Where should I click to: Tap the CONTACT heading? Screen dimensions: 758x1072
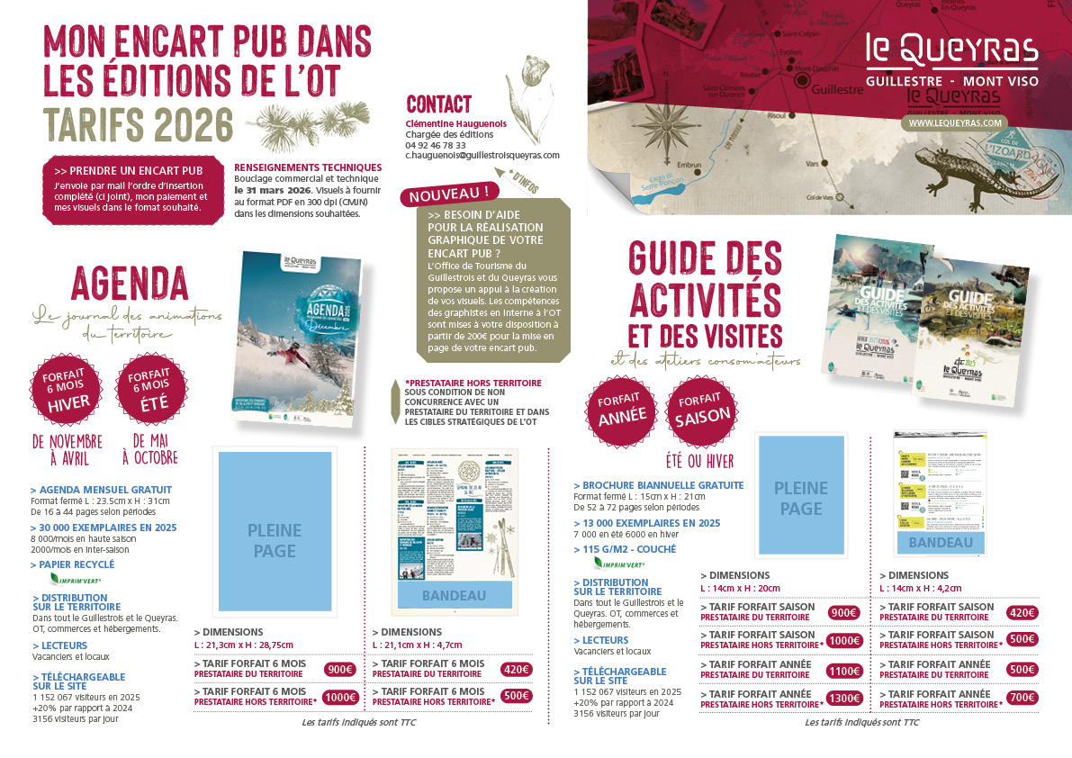click(x=438, y=104)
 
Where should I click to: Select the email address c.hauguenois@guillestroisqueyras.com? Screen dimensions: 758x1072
click(x=482, y=155)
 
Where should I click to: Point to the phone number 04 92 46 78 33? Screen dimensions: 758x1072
click(x=436, y=145)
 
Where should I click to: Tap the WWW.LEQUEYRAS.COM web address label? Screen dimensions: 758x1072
click(x=954, y=122)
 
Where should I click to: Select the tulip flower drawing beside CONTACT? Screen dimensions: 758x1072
click(x=532, y=95)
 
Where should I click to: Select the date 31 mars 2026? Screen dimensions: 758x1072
click(x=273, y=191)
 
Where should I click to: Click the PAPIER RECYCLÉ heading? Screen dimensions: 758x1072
click(x=74, y=564)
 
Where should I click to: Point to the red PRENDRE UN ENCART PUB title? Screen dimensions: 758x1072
click(x=128, y=170)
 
